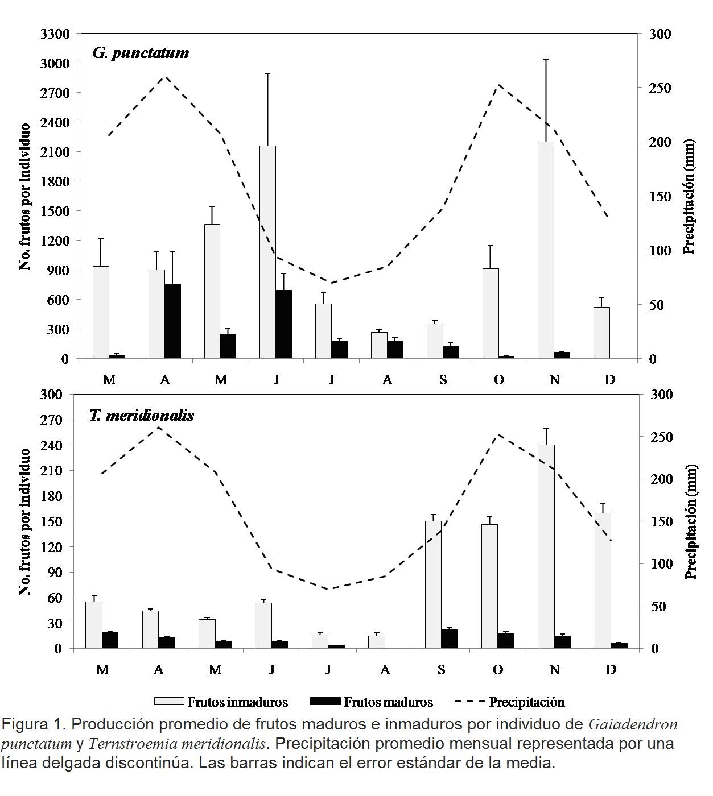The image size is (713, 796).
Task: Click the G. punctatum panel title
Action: tap(141, 53)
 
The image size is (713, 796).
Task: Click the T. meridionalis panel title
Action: tap(142, 415)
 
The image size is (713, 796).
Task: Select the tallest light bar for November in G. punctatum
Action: tap(546, 250)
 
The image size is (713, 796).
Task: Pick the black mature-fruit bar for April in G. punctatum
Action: tap(172, 321)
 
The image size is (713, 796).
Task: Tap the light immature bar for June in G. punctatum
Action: tap(267, 252)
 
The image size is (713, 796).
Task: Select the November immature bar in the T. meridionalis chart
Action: tap(546, 546)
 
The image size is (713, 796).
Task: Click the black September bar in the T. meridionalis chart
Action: tap(449, 639)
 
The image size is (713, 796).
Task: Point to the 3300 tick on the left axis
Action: tap(55, 34)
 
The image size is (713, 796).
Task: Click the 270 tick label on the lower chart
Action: tap(59, 420)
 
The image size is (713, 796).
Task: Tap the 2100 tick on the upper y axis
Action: tap(55, 152)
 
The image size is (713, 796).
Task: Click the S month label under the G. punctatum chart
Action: tap(443, 380)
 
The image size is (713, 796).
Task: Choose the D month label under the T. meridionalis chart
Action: tap(611, 670)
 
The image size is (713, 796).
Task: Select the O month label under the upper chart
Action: tap(498, 380)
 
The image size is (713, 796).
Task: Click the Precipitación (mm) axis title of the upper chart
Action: tap(689, 196)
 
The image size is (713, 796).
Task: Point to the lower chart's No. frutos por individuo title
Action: tap(25, 521)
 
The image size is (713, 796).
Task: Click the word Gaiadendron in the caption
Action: tap(632, 725)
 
